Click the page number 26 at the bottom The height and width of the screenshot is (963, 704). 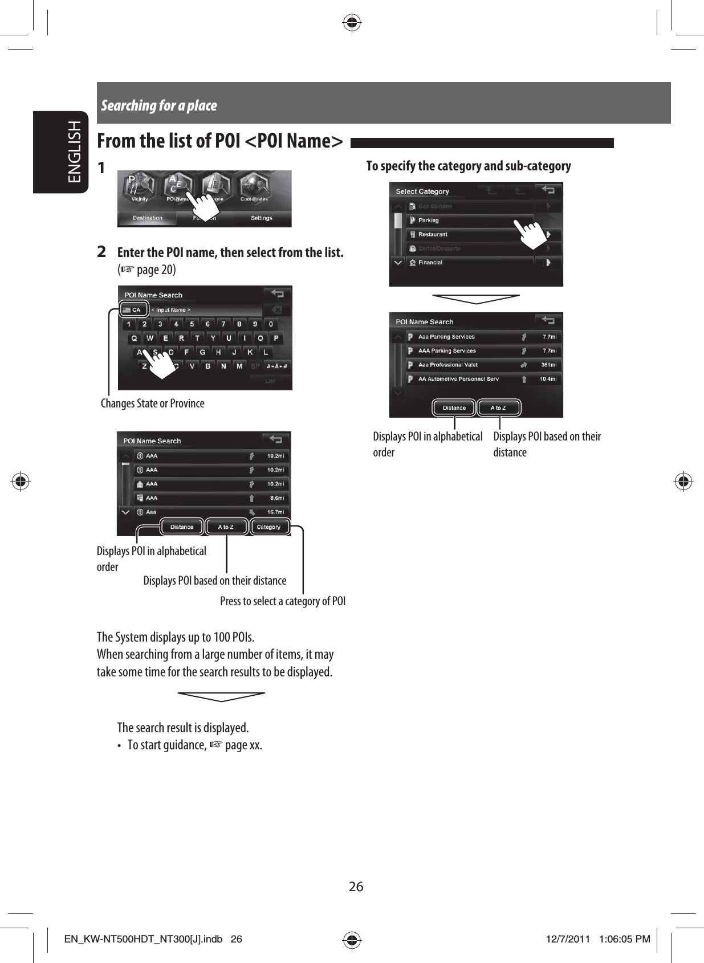click(356, 887)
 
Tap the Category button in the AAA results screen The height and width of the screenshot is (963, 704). click(268, 527)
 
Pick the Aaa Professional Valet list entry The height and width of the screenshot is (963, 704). click(448, 365)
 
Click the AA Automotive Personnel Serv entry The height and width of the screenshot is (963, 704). click(458, 379)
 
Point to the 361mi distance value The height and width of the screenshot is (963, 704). click(549, 365)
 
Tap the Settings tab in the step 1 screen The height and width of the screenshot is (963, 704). click(262, 218)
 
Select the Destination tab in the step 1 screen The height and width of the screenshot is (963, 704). click(147, 218)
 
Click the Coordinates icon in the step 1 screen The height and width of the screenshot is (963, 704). click(254, 188)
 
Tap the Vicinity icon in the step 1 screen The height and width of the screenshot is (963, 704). click(139, 188)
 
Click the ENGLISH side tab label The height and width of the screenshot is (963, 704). click(75, 152)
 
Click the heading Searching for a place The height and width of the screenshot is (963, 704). click(159, 105)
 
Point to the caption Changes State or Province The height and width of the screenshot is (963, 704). click(152, 403)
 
